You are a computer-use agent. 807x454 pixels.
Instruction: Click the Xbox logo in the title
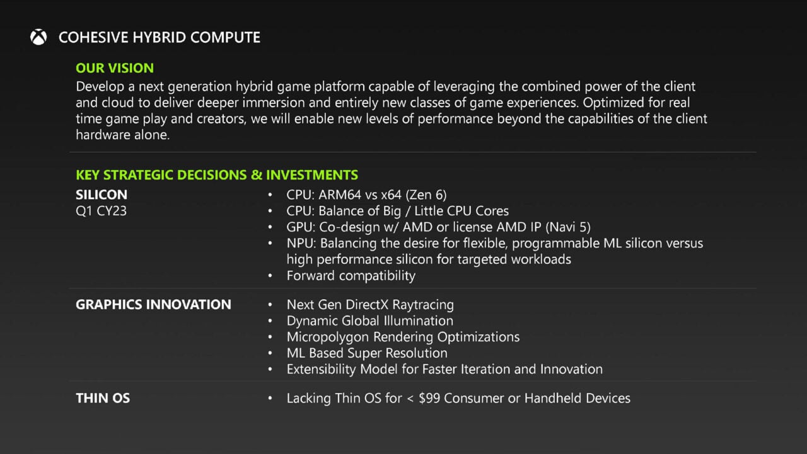[38, 38]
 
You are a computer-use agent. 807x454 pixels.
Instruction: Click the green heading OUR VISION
[115, 68]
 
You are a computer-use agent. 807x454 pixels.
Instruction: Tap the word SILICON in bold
[102, 195]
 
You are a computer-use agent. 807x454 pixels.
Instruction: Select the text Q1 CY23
[101, 211]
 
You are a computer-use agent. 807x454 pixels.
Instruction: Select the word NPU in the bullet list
[300, 243]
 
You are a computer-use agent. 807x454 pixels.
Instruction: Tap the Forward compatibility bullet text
[351, 275]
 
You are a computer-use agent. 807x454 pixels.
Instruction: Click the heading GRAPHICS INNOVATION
[153, 305]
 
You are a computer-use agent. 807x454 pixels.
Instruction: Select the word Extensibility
[322, 369]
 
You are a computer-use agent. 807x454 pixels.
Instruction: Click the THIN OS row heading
[103, 398]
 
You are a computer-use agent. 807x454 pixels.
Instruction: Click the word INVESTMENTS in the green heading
[311, 175]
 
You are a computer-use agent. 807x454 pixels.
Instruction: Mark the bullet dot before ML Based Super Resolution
[270, 353]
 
